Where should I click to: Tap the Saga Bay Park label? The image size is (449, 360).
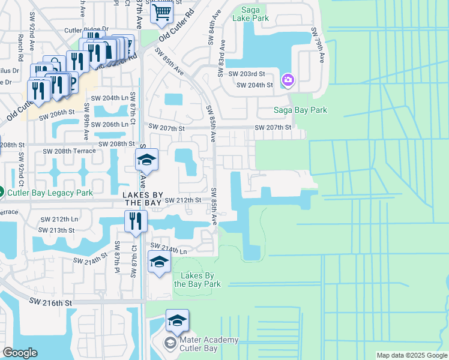pyautogui.click(x=300, y=110)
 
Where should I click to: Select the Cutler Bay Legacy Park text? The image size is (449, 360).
pyautogui.click(x=49, y=193)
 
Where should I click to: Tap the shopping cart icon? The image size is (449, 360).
pyautogui.click(x=161, y=11)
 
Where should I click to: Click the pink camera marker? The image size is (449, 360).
pyautogui.click(x=288, y=80)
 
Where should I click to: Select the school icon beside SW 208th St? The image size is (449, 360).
pyautogui.click(x=146, y=160)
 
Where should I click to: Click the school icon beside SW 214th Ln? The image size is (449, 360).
pyautogui.click(x=159, y=262)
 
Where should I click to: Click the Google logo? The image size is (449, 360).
pyautogui.click(x=20, y=353)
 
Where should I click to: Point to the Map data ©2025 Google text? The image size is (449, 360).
pyautogui.click(x=411, y=355)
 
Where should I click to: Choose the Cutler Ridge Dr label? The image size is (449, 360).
pyautogui.click(x=88, y=29)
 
